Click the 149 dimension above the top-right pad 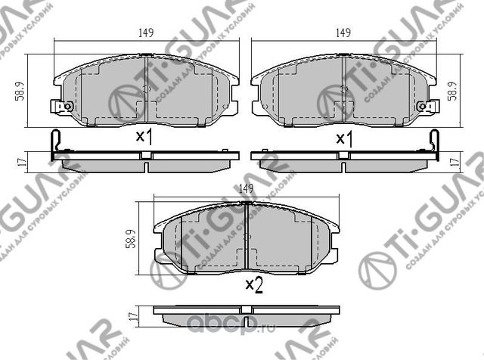pos(343,33)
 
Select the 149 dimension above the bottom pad pos(244,189)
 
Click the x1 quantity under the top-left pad pos(144,138)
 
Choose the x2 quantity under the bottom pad pos(253,285)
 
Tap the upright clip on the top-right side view pos(434,143)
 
